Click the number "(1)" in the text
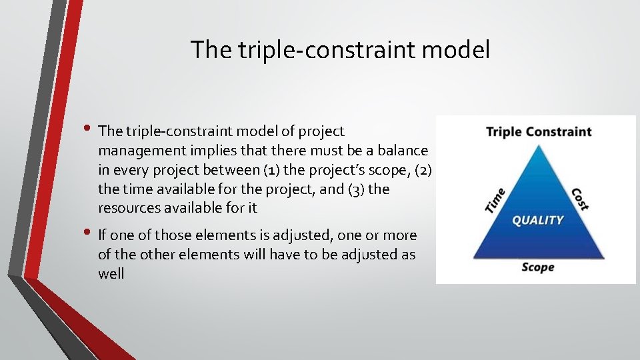tap(251, 170)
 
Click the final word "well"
tap(111, 273)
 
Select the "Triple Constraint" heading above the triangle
tap(539, 131)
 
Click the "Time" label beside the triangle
tap(495, 201)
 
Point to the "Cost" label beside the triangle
tap(579, 199)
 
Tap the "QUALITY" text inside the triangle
tap(537, 220)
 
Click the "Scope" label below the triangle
tap(537, 267)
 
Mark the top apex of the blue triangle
tap(538, 145)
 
